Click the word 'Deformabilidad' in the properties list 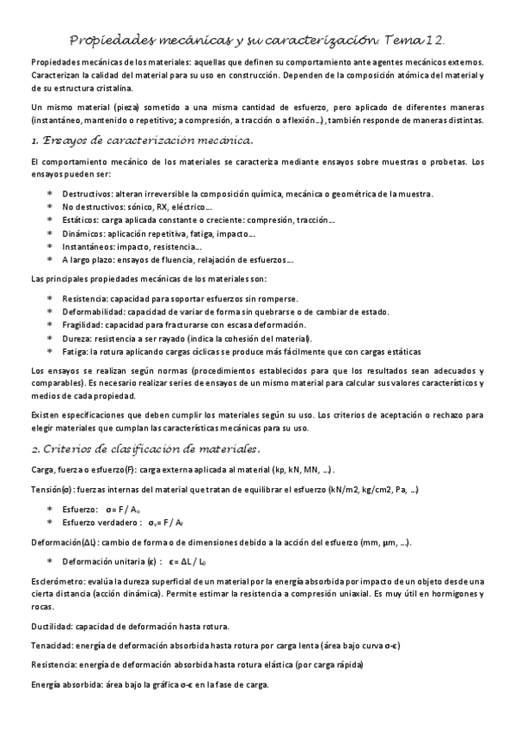91,312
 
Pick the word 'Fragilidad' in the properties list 82,325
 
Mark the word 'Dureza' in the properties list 77,338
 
